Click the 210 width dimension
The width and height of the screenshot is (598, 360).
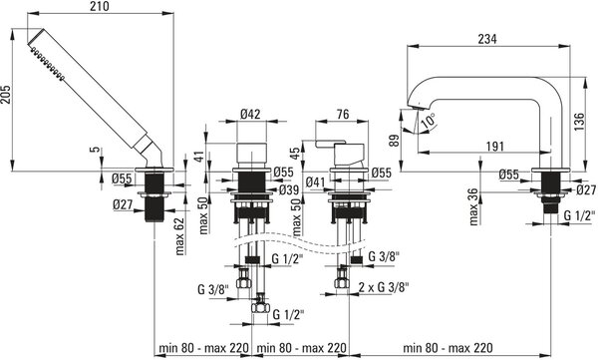coord(100,6)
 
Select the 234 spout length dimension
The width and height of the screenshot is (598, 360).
coord(487,39)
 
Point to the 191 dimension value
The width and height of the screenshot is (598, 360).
coord(494,147)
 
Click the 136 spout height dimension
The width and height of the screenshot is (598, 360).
coord(579,122)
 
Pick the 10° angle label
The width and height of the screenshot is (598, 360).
coord(429,121)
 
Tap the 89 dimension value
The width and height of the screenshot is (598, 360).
coord(394,140)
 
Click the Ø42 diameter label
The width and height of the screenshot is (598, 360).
coord(251,114)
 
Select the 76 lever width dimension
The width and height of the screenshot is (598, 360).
coord(343,114)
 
